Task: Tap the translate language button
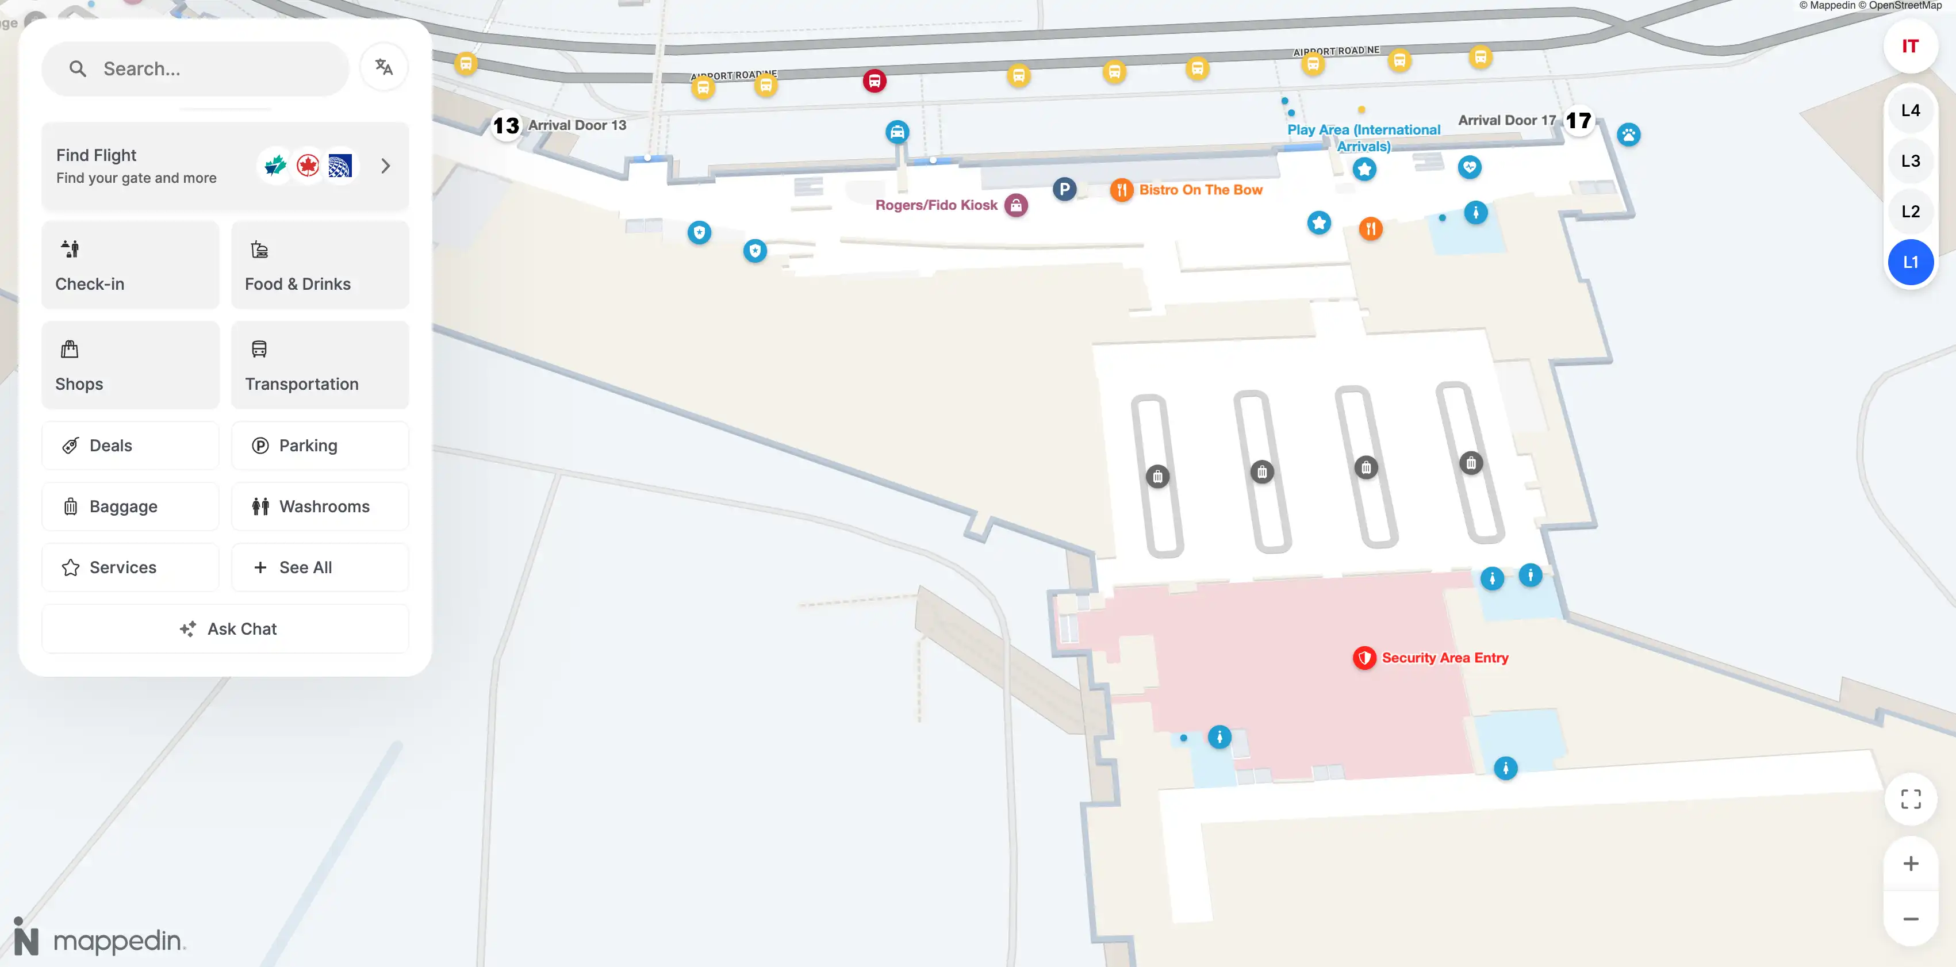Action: tap(384, 68)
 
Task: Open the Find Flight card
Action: tap(225, 166)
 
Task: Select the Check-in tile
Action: tap(131, 265)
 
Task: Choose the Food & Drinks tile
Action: tap(320, 265)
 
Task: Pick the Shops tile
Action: tap(131, 365)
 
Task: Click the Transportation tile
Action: tap(320, 365)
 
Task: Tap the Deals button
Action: tap(131, 446)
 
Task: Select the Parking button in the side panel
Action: tap(320, 446)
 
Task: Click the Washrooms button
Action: tap(320, 506)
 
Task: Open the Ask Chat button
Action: tap(225, 628)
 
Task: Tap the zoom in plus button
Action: tap(1911, 864)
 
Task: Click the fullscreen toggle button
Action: tap(1911, 799)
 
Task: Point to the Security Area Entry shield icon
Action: tap(1364, 658)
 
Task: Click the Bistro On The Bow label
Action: tap(1201, 190)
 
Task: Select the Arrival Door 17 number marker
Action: tap(1579, 121)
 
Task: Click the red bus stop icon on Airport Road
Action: tap(874, 80)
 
